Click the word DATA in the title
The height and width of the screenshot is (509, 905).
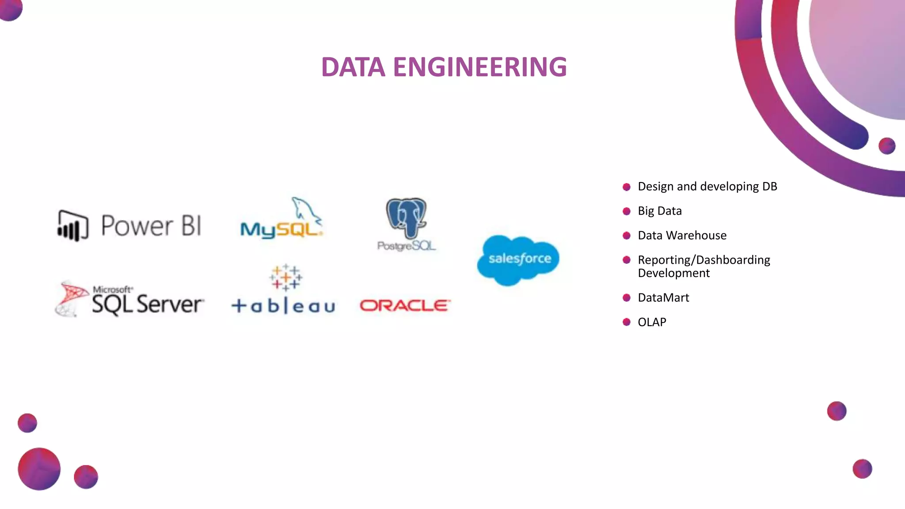[353, 67]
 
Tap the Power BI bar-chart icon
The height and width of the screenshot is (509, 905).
[72, 226]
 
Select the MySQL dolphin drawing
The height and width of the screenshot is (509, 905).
[306, 209]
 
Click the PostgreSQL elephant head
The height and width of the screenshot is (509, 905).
[406, 217]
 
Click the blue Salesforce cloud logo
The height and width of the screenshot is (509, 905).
[519, 259]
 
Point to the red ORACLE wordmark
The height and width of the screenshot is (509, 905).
[405, 305]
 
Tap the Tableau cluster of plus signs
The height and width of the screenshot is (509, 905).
[286, 277]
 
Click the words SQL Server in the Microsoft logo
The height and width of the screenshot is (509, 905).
[147, 304]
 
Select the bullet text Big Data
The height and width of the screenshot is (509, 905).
[659, 211]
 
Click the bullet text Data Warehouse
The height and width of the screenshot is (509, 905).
[682, 236]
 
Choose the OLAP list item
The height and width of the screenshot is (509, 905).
[652, 322]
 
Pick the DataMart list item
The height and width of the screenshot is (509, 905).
[663, 298]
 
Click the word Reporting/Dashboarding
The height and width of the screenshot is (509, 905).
[703, 260]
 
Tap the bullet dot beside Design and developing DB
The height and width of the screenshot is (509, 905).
[626, 187]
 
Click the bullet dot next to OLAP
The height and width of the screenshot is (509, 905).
[626, 322]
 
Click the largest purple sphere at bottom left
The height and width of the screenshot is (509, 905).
[39, 469]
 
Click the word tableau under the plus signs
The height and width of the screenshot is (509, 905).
[283, 306]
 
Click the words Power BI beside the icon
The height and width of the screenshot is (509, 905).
[151, 226]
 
